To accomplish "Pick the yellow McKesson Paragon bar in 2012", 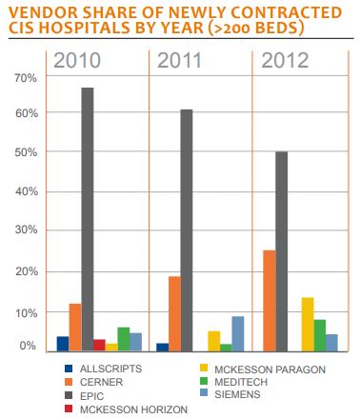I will tap(307, 325).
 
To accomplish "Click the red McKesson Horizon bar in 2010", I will tap(99, 345).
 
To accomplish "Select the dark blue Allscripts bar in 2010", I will tap(63, 344).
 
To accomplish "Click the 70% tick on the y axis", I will tap(27, 75).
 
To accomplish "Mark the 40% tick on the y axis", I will tap(27, 191).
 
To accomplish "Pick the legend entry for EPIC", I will tap(94, 395).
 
